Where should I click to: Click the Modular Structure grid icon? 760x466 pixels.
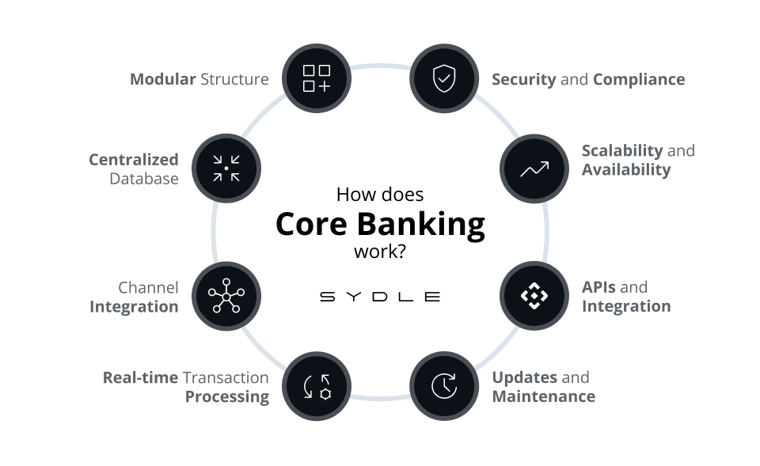pos(317,78)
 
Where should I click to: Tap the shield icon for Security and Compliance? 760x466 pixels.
pos(443,78)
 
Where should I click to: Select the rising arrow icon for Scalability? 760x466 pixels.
pos(534,169)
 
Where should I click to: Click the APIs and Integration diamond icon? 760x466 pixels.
pos(534,296)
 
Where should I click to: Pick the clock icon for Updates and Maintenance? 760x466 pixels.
pos(443,386)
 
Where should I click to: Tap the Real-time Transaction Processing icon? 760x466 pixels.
pos(317,386)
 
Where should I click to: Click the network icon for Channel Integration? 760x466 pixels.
pos(226,296)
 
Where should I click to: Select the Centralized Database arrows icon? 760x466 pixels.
pos(226,169)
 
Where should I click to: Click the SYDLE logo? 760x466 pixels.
pos(379,297)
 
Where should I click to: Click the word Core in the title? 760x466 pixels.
pos(311,225)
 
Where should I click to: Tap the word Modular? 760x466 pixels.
pos(162,79)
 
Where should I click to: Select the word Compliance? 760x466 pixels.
pos(638,79)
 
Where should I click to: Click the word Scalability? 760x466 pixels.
pos(622,150)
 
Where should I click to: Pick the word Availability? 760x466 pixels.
pos(626,169)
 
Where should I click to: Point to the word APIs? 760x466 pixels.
pos(598,287)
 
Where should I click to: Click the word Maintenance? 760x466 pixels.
pos(543,396)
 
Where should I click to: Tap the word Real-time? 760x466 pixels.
pos(140,377)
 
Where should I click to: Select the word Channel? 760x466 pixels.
pos(148,287)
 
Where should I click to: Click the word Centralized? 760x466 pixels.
pos(134,160)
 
